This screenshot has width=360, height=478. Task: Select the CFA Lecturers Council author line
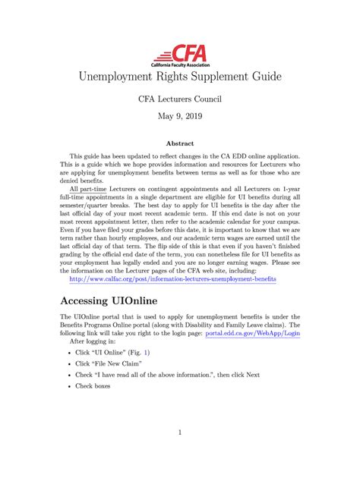(179, 99)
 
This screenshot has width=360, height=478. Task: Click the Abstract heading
(179, 143)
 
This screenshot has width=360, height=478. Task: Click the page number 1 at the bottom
(180, 433)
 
